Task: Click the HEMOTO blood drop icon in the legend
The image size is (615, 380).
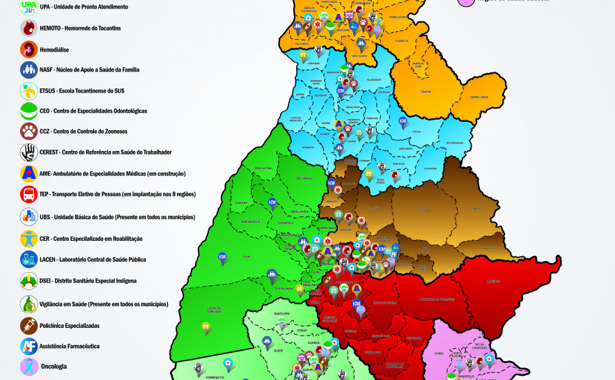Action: (x=29, y=28)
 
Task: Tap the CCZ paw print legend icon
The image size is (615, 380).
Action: (x=29, y=132)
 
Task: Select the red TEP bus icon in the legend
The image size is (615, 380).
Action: (x=29, y=195)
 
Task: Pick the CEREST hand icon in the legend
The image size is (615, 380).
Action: (x=29, y=152)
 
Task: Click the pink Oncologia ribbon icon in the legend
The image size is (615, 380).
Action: (x=29, y=366)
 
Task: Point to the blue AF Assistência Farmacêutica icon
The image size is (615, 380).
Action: (x=29, y=346)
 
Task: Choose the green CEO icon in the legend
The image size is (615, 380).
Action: (x=29, y=111)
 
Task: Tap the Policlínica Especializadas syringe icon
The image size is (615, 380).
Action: (x=29, y=325)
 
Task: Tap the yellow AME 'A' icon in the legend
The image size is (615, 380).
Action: (x=29, y=173)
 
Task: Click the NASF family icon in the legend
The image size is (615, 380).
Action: (x=29, y=70)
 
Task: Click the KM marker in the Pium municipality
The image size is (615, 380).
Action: (x=222, y=256)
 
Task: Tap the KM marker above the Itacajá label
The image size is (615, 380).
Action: (x=403, y=120)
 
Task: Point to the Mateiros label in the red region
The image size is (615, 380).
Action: (x=493, y=281)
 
